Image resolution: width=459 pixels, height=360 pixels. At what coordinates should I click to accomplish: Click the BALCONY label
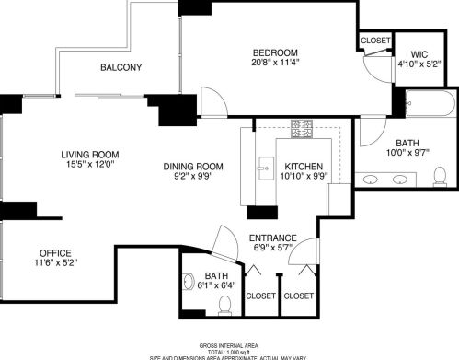(120, 67)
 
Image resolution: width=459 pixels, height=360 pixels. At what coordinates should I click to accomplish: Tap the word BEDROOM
(276, 52)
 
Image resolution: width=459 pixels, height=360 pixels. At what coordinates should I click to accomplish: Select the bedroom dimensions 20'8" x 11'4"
(276, 63)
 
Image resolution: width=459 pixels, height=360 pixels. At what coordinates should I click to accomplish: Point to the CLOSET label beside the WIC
(375, 41)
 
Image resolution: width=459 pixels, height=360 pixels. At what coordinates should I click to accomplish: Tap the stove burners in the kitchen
(302, 129)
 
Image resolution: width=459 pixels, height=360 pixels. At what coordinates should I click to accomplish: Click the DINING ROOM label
(194, 166)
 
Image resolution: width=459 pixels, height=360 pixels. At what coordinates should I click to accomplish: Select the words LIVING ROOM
(90, 154)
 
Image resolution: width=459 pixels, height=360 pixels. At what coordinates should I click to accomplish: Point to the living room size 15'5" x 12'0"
(90, 165)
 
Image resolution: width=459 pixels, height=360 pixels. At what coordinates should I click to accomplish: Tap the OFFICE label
(55, 252)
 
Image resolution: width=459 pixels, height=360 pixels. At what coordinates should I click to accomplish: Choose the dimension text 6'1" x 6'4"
(217, 285)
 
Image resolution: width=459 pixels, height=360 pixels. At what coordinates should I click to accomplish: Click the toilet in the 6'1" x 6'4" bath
(223, 303)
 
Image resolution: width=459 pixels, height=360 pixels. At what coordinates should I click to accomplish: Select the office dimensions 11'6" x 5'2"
(55, 263)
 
